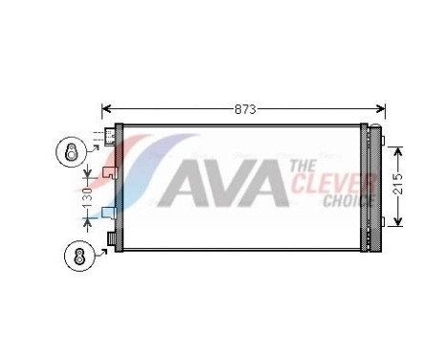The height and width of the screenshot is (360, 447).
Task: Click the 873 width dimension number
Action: tap(246, 109)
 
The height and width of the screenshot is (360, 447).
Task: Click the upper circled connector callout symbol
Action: tap(70, 150)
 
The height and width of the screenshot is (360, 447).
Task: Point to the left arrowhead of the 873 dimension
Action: tap(105, 109)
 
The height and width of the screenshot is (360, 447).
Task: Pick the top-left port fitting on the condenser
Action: tap(110, 139)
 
